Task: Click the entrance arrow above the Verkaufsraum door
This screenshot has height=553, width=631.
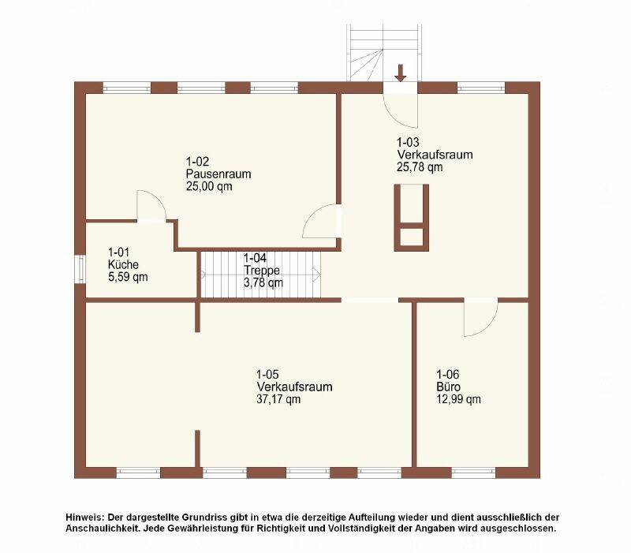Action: (400, 73)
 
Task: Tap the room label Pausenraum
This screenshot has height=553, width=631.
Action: (218, 174)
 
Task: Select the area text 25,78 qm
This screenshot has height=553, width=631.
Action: (420, 167)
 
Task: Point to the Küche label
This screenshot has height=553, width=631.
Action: (123, 264)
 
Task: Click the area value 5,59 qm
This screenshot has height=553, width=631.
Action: (128, 277)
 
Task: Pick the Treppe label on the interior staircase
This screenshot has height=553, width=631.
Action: (262, 271)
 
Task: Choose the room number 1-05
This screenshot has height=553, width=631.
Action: (267, 374)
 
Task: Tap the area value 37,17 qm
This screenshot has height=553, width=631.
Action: (278, 399)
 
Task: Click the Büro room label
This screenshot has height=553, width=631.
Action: (449, 387)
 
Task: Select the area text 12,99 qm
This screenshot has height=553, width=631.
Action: (458, 399)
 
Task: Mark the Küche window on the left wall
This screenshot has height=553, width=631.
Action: (80, 269)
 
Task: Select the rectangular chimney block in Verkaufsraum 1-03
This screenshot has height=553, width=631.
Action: (411, 218)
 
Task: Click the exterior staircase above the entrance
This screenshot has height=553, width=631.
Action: (385, 52)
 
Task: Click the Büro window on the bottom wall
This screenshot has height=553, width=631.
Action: (473, 473)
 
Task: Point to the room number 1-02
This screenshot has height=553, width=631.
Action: (197, 162)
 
